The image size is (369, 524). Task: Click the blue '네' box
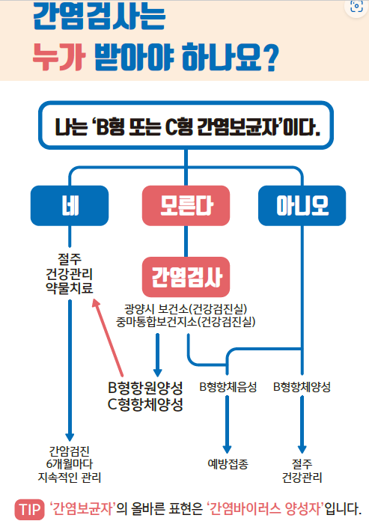point(70,206)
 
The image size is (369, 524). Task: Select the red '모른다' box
point(186,206)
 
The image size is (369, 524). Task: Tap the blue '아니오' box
point(302,206)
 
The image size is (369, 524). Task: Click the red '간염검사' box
point(186,277)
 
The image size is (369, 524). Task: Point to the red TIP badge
point(29,510)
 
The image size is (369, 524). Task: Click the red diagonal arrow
point(108,338)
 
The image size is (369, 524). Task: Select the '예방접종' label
point(228,464)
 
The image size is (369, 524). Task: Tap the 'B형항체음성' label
point(228,387)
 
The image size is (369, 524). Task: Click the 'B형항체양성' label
point(302,387)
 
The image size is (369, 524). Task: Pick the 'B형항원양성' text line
point(145,388)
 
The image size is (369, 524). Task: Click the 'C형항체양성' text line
point(145,404)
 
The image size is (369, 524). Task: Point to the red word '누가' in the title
point(59,57)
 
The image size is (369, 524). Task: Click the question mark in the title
point(269,58)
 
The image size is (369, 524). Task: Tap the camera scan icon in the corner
point(356,6)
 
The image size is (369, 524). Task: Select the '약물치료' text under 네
point(70,288)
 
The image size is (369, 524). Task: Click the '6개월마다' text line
point(70,464)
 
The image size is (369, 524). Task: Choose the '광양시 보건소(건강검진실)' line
point(186,308)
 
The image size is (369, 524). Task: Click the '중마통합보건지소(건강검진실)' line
point(186,322)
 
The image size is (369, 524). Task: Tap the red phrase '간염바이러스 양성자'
point(266,509)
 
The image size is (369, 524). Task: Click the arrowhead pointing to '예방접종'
point(228,449)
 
